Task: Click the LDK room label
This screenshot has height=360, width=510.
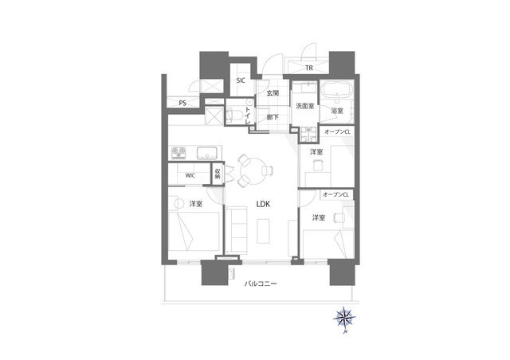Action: pyautogui.click(x=263, y=204)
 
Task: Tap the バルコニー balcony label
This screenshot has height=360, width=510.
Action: pyautogui.click(x=261, y=284)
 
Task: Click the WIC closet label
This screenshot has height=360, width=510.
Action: pyautogui.click(x=190, y=175)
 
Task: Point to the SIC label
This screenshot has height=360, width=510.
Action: pyautogui.click(x=241, y=80)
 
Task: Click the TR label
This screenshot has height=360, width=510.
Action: pyautogui.click(x=309, y=68)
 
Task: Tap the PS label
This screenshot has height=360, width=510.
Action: pyautogui.click(x=182, y=104)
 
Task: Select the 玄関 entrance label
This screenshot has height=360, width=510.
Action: pyautogui.click(x=273, y=93)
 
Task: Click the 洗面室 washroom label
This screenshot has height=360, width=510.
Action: pyautogui.click(x=304, y=106)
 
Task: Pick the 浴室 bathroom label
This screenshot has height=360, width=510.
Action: pyautogui.click(x=337, y=111)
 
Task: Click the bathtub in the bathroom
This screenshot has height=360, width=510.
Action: pyautogui.click(x=336, y=89)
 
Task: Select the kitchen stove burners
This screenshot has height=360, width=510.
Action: pyautogui.click(x=178, y=153)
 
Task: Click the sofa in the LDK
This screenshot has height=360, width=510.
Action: pyautogui.click(x=237, y=229)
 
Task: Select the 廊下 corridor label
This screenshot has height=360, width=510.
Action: pyautogui.click(x=273, y=117)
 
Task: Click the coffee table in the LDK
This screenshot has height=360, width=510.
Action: pyautogui.click(x=264, y=231)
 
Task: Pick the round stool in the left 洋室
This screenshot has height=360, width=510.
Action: pyautogui.click(x=178, y=204)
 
